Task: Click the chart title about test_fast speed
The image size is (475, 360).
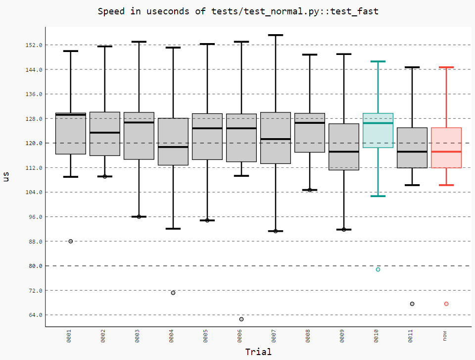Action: [x=237, y=11]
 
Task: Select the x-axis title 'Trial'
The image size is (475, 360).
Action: [x=258, y=352]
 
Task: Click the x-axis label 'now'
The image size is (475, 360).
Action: [x=445, y=336]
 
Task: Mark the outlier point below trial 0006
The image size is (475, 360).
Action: [x=241, y=319]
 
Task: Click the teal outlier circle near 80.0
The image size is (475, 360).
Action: [x=378, y=269]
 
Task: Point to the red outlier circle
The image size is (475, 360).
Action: [x=446, y=304]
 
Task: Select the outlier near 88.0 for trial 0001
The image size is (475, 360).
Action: [x=71, y=241]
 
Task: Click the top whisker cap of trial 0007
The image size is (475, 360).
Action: [x=276, y=35]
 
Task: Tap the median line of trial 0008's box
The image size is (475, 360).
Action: [x=310, y=123]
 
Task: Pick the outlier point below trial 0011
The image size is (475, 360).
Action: [x=412, y=304]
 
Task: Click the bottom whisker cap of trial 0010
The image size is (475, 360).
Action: [x=378, y=196]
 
